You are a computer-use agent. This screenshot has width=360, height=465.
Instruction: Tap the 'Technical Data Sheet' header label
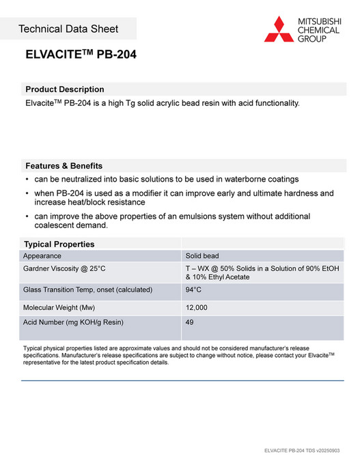(68, 29)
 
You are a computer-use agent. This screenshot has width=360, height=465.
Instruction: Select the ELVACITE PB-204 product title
(81, 55)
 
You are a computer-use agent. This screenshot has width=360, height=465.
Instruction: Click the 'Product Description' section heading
(64, 89)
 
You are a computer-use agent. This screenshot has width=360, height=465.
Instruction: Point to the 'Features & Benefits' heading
(64, 166)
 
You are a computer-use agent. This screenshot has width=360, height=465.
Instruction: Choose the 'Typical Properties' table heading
(59, 244)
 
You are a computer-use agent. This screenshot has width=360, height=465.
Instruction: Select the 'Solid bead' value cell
(202, 256)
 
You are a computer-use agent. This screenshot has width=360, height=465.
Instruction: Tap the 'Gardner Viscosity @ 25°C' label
(64, 269)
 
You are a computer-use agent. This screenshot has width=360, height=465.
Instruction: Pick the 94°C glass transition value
(193, 290)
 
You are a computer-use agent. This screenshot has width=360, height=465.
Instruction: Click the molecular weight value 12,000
(197, 308)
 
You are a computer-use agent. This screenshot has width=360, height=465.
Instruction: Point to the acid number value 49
(190, 322)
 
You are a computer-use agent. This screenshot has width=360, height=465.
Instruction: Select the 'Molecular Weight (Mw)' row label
(59, 308)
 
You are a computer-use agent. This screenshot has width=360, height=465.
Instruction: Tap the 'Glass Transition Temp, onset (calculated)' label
(87, 290)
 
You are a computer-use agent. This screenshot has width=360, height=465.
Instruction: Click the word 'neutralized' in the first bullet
(85, 179)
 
